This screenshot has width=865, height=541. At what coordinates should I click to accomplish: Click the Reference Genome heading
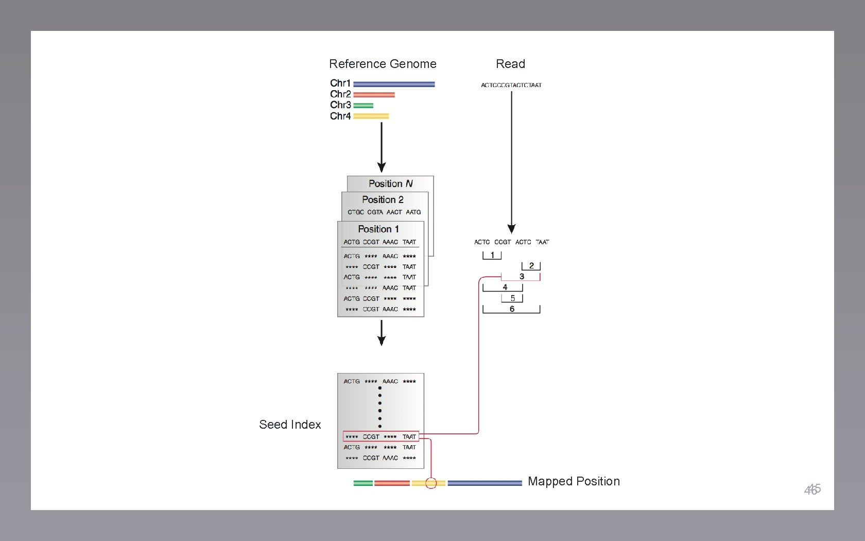point(383,64)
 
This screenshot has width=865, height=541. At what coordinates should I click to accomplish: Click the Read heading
point(510,64)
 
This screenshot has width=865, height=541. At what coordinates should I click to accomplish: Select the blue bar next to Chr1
point(394,84)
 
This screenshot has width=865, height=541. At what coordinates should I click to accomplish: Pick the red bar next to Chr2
point(374,95)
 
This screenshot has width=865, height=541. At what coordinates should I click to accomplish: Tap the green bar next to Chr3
point(363,106)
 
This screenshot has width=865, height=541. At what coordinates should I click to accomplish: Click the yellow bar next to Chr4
point(371,116)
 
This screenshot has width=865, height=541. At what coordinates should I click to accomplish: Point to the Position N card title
point(390,183)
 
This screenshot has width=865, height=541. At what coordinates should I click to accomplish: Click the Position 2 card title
point(383,199)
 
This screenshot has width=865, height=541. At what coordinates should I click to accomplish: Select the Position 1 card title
point(378,229)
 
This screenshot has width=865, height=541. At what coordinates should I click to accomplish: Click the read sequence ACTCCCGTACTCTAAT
point(511,85)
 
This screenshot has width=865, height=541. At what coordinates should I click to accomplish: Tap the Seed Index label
point(290,425)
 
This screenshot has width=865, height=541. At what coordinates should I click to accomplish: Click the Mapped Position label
point(574,481)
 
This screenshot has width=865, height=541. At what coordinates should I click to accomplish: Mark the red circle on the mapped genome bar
point(431,483)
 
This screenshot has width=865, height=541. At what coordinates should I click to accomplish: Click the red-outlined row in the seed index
point(380,436)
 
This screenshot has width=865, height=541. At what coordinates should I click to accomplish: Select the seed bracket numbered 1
point(492,255)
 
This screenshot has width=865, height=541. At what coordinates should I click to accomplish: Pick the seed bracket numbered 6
point(511,309)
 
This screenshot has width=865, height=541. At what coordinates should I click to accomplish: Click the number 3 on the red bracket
point(522,277)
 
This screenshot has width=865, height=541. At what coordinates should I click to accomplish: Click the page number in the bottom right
point(812,489)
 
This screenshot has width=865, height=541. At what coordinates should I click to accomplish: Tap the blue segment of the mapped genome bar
point(484,483)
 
